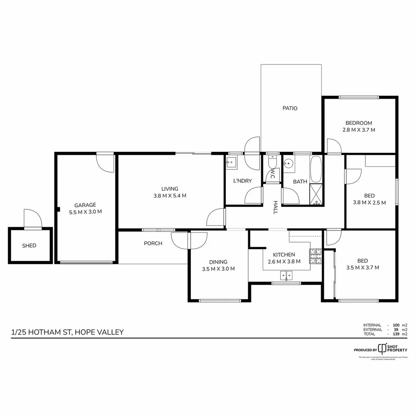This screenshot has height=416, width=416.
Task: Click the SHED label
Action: [x=29, y=245]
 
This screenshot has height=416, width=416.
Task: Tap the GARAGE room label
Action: [x=85, y=205]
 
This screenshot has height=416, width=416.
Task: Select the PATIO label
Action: [x=290, y=108]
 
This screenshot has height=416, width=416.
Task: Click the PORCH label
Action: [x=153, y=243]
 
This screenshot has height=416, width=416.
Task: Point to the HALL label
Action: [x=275, y=207]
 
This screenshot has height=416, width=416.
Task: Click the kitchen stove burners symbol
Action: [x=315, y=257]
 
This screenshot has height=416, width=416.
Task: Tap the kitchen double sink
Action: [x=286, y=275]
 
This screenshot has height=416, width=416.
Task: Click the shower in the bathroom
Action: [x=316, y=195]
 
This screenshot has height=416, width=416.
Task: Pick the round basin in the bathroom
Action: [x=287, y=164]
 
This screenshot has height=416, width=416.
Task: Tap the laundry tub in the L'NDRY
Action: [x=231, y=163]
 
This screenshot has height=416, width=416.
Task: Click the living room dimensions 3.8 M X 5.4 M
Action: [x=170, y=195]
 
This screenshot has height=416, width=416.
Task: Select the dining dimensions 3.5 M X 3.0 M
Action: [x=218, y=269]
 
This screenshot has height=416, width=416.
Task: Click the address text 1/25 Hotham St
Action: [x=68, y=332]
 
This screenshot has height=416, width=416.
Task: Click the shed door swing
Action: [x=32, y=219]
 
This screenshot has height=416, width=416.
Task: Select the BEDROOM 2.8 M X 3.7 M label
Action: [x=359, y=126]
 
